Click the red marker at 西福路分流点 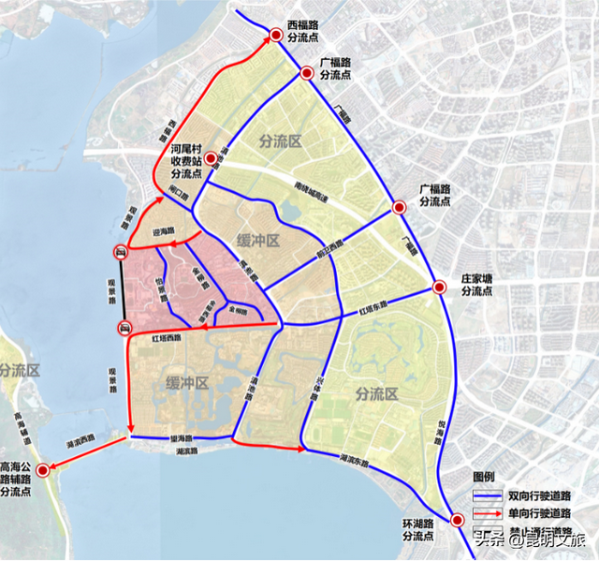pos(276,36)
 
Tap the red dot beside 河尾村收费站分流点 pos(212,158)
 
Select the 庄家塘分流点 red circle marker pos(439,288)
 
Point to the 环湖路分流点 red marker pos(457,522)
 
